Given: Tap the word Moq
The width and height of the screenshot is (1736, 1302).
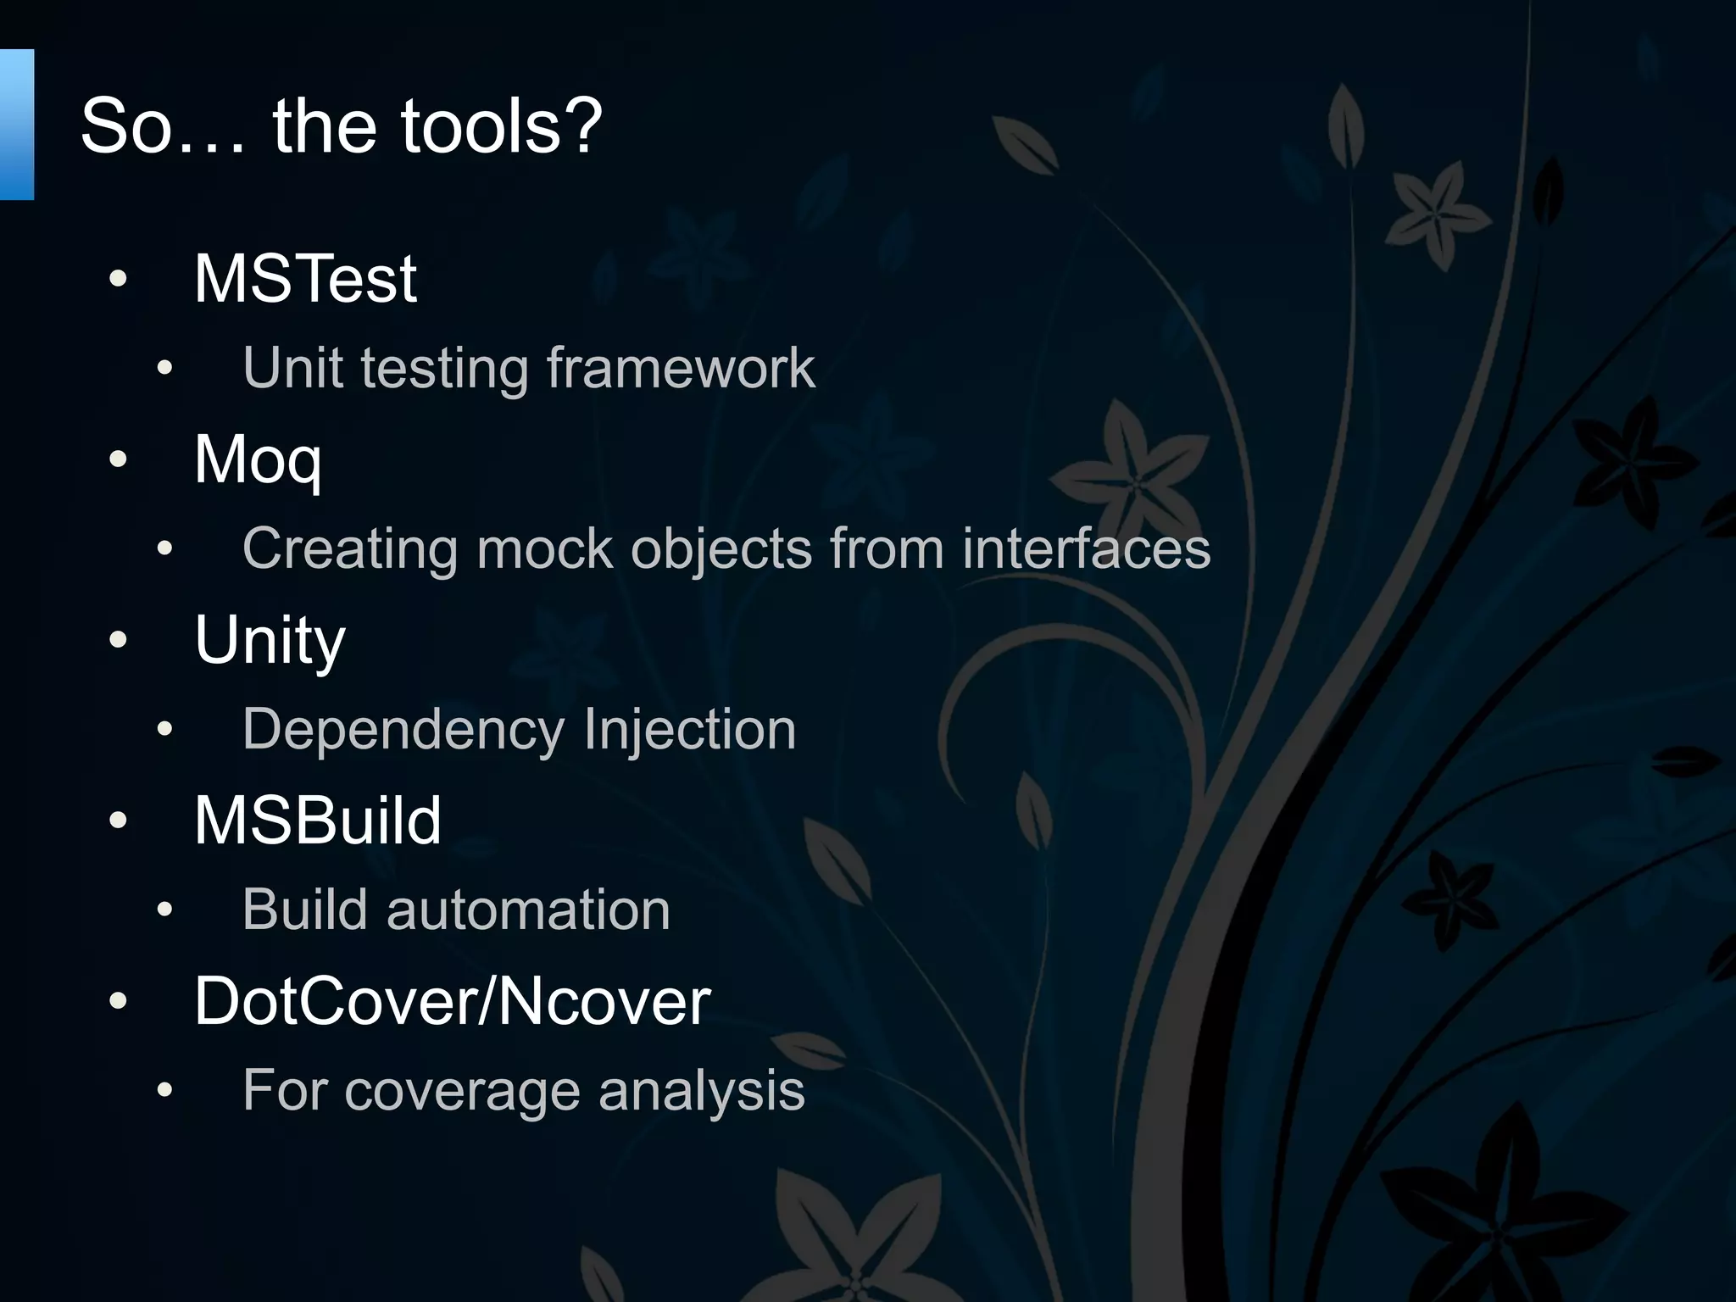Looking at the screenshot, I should click(258, 459).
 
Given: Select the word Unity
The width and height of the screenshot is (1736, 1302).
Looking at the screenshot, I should click(270, 640).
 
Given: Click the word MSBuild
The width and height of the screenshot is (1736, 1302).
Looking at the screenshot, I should click(318, 821).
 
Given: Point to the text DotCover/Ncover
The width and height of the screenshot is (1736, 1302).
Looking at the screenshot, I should click(452, 1001).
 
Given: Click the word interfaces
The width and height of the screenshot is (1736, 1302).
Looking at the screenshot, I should click(1086, 548).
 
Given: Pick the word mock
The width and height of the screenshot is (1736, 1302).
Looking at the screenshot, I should click(544, 548).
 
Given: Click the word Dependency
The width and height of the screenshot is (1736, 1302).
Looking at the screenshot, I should click(403, 729).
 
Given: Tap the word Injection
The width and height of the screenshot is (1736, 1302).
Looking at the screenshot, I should click(689, 729).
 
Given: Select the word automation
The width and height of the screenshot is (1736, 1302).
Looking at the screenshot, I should click(528, 910).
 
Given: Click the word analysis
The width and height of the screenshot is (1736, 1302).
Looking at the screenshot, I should click(701, 1091).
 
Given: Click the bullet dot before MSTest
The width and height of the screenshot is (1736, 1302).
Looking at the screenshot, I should click(118, 278).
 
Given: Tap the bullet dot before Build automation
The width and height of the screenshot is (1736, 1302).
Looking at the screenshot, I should click(164, 910).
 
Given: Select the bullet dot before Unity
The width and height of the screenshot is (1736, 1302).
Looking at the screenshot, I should click(118, 640).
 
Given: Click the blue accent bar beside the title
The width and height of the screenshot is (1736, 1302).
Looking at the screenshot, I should click(16, 125).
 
